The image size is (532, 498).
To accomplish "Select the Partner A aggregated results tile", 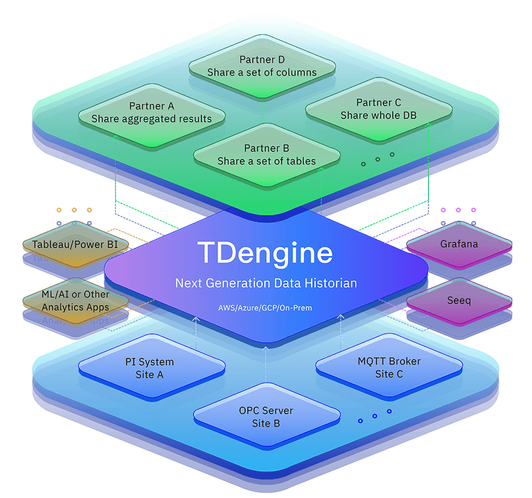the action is click(x=152, y=115).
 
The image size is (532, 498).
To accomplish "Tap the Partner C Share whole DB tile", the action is click(x=379, y=109).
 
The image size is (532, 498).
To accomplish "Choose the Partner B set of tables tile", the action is click(x=267, y=155).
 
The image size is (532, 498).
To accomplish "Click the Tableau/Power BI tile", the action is click(x=76, y=244).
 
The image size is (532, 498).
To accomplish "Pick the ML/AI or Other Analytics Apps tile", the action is click(x=76, y=301).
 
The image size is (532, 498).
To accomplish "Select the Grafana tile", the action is click(x=459, y=244).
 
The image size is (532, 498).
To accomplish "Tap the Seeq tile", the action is click(x=459, y=301).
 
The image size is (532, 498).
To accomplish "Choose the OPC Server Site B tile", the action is click(x=267, y=416).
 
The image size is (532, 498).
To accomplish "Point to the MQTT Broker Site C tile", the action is click(x=389, y=367).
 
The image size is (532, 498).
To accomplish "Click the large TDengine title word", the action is click(x=265, y=253).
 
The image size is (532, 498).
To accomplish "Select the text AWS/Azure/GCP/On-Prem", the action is click(x=265, y=308).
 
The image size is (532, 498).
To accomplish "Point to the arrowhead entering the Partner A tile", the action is click(x=116, y=137).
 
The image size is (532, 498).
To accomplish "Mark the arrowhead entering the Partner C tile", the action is click(x=428, y=125).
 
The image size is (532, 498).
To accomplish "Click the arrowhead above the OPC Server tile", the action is click(x=265, y=348).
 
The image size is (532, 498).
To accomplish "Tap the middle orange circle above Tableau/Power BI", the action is click(x=74, y=210).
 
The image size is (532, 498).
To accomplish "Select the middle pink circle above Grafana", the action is click(x=459, y=210).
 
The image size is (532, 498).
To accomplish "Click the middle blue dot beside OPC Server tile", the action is click(x=375, y=416).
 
